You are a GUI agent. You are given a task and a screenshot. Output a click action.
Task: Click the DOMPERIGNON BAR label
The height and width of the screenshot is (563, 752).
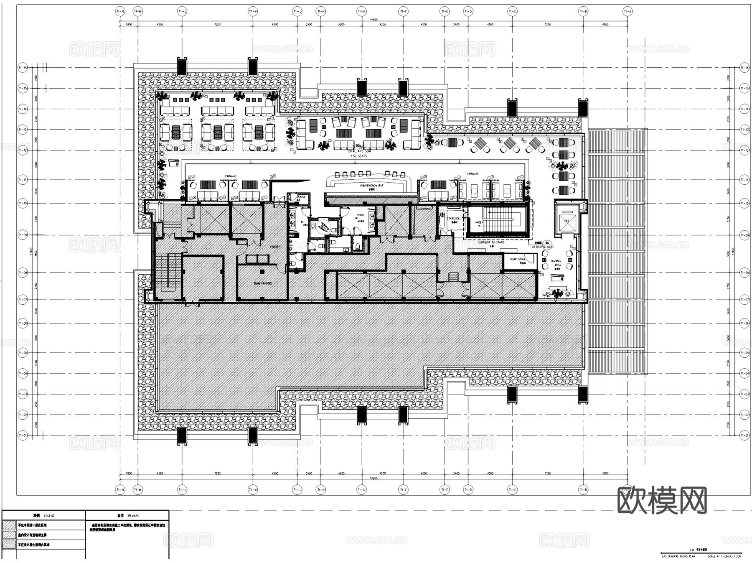click(x=371, y=186)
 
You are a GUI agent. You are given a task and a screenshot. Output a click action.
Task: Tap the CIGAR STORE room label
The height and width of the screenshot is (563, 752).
click(x=518, y=260)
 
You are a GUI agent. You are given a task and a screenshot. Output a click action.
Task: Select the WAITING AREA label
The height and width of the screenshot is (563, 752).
click(x=556, y=263)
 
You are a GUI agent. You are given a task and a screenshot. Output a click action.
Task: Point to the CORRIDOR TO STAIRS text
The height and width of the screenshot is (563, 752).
click(x=491, y=242)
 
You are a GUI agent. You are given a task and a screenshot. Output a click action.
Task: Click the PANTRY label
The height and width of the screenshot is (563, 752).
click(x=274, y=247)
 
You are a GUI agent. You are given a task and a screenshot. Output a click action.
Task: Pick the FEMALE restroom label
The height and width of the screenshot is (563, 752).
click(x=360, y=215)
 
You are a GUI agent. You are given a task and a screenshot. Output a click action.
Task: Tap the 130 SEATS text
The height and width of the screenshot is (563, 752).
click(x=359, y=156)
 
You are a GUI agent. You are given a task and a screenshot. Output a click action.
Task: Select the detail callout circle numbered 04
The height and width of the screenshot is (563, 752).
click(x=547, y=242)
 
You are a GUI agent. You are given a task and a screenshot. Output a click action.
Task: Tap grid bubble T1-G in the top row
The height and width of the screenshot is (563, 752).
click(x=361, y=12)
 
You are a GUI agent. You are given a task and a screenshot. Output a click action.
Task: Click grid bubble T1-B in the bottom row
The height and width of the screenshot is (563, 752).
click(x=583, y=489)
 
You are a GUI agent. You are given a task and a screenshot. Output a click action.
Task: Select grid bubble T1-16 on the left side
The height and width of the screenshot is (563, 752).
click(x=23, y=67)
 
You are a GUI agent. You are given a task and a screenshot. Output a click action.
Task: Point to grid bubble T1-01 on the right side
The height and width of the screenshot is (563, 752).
click(x=744, y=436)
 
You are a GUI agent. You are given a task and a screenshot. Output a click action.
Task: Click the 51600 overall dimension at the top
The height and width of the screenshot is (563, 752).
click(x=373, y=20)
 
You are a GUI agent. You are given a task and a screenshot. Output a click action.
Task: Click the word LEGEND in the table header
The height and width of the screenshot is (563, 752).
click(x=49, y=516)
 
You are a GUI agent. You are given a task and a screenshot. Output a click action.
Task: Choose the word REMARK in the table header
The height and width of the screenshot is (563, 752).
click(x=133, y=516)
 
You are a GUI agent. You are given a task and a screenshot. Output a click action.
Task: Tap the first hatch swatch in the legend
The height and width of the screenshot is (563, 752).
click(x=9, y=525)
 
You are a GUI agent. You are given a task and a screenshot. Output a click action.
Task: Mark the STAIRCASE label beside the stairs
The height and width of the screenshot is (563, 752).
click(x=453, y=219)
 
